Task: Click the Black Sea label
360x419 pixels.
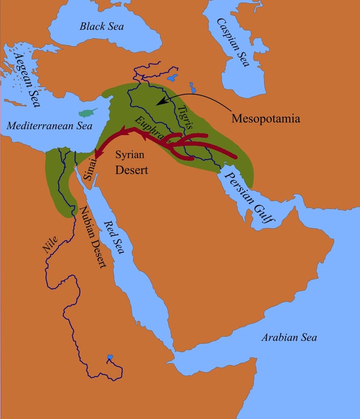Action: (101, 26)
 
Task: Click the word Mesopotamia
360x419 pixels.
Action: (265, 118)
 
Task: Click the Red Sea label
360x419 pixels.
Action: (114, 237)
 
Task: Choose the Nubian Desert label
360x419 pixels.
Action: (92, 237)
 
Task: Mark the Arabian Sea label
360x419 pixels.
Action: (289, 337)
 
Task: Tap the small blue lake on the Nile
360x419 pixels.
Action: (110, 357)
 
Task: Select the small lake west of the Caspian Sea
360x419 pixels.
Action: (192, 87)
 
